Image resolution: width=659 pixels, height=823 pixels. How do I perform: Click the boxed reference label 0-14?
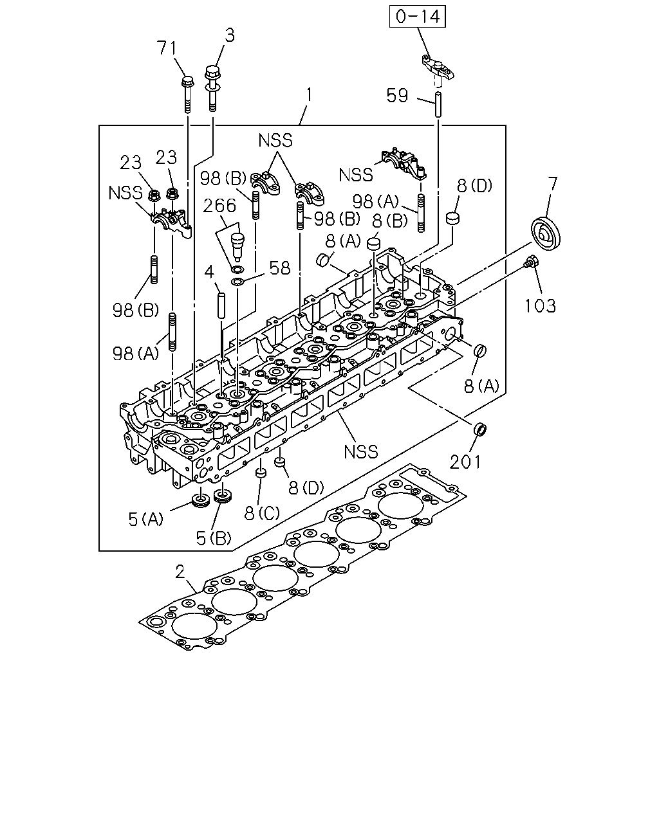(x=418, y=17)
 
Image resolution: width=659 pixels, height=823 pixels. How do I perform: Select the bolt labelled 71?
(x=187, y=94)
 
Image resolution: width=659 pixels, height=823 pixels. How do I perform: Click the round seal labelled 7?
(x=545, y=233)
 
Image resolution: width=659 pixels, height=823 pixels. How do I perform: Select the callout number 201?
(x=465, y=462)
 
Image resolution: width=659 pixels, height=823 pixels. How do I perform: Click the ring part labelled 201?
(x=480, y=429)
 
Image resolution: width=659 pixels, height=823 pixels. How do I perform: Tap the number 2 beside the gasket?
(x=180, y=572)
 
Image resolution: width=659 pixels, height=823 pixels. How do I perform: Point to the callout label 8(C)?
(x=262, y=513)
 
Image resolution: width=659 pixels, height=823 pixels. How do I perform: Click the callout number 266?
(x=219, y=206)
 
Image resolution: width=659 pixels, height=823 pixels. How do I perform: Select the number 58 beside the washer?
(x=280, y=268)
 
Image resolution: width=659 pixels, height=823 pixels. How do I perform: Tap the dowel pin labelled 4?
(x=221, y=305)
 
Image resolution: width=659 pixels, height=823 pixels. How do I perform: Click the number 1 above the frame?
(x=309, y=95)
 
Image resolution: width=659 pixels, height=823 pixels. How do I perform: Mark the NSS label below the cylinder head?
(x=360, y=451)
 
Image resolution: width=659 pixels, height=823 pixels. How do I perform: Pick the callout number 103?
(x=540, y=306)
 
